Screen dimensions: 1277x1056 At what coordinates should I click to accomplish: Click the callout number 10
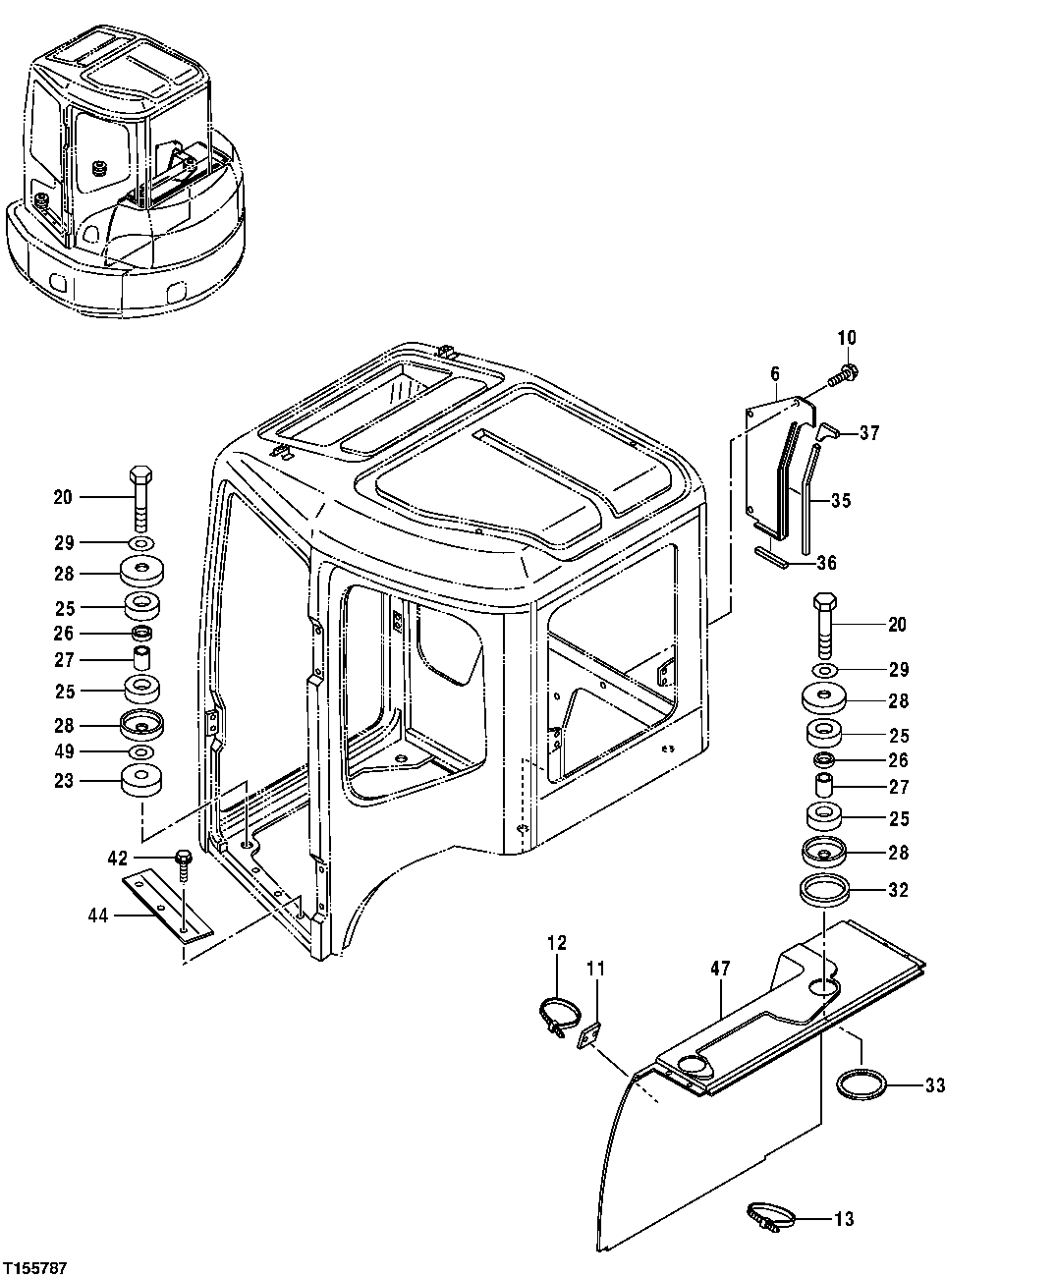846,338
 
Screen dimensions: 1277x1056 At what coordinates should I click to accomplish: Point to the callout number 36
826,563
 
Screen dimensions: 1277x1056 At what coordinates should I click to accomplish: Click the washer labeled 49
141,752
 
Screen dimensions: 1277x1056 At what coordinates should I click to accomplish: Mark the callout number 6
774,373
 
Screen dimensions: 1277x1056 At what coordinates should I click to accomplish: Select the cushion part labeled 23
141,782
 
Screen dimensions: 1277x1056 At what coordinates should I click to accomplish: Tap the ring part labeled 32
824,891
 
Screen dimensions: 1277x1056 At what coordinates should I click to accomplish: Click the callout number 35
840,500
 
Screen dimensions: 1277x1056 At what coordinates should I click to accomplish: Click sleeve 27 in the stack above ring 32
823,787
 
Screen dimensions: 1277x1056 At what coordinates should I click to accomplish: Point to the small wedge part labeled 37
829,430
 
